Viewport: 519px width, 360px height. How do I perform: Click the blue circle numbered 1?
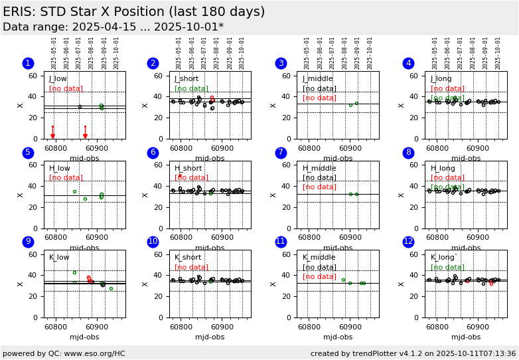coord(28,63)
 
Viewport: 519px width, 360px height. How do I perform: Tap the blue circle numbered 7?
coord(281,153)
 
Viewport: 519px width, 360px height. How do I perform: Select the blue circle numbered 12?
coord(408,242)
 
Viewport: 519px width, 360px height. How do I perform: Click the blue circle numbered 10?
coord(153,242)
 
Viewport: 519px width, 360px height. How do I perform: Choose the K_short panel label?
coord(188,258)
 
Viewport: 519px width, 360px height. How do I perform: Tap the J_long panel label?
coord(441,79)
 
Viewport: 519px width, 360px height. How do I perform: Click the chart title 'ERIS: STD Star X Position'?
coord(133,12)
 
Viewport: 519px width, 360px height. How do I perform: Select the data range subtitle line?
coord(113,27)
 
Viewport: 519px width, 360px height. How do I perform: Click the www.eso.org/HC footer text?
coord(64,353)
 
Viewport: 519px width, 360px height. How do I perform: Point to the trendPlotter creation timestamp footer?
coord(413,353)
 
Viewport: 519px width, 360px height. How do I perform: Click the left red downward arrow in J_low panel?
coord(53,135)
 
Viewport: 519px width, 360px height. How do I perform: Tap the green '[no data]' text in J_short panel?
coord(191,89)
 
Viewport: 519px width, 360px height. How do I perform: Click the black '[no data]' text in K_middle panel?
coord(319,268)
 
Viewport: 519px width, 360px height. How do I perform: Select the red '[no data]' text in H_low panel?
coord(66,178)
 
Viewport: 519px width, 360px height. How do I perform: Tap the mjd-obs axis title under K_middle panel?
coord(338,337)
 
